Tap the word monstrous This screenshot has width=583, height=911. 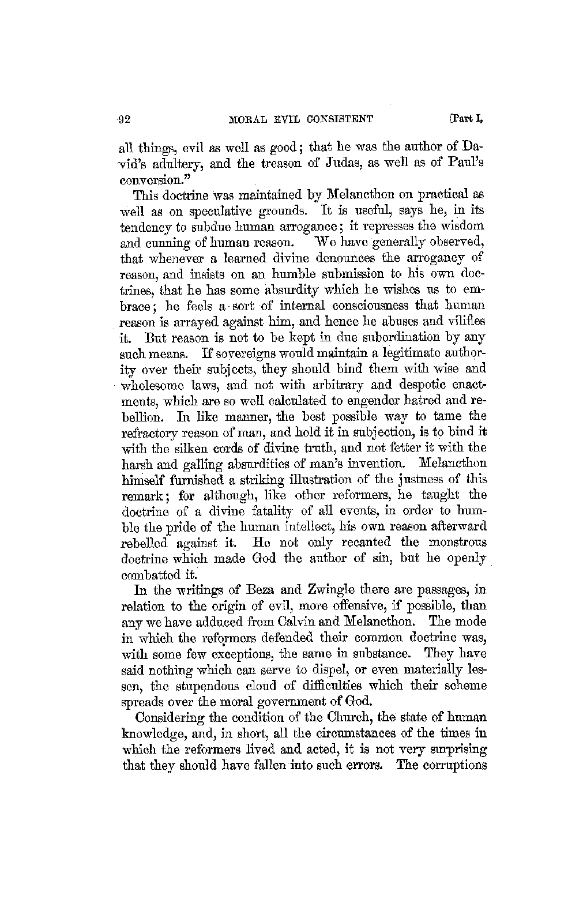[x=457, y=543]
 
